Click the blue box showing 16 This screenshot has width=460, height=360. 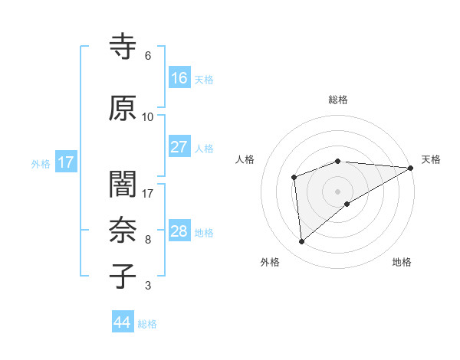click(179, 77)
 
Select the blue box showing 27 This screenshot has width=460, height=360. click(179, 147)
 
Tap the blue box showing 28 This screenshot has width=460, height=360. click(179, 231)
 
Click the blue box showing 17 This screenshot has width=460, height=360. click(65, 162)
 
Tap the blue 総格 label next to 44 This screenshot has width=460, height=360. click(147, 324)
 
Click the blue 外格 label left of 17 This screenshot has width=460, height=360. click(41, 163)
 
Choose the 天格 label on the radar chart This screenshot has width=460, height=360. click(431, 159)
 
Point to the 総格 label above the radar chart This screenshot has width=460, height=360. click(337, 100)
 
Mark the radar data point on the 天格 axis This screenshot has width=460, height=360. click(412, 168)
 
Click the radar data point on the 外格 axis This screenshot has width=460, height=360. click(302, 242)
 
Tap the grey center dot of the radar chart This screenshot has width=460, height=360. click(337, 191)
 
